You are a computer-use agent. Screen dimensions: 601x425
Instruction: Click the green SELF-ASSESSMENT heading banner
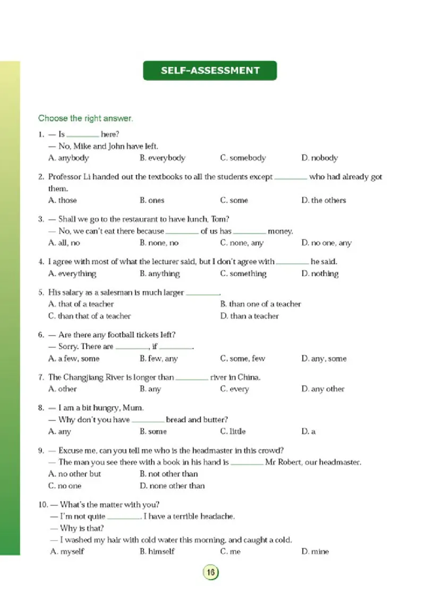[210, 71]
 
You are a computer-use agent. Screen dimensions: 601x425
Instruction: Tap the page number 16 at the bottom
[210, 572]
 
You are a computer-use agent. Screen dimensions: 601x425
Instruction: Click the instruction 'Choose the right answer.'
[85, 118]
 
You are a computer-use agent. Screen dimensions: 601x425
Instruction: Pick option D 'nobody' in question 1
[319, 158]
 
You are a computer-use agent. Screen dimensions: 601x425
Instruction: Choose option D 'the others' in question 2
[324, 201]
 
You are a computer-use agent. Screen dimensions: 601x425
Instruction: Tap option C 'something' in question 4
[243, 274]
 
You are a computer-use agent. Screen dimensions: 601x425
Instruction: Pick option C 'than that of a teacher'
[89, 316]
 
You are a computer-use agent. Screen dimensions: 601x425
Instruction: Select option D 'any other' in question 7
[322, 389]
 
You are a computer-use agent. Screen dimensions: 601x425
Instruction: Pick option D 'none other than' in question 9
[172, 486]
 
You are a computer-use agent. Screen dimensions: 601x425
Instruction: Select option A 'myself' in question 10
[67, 552]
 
